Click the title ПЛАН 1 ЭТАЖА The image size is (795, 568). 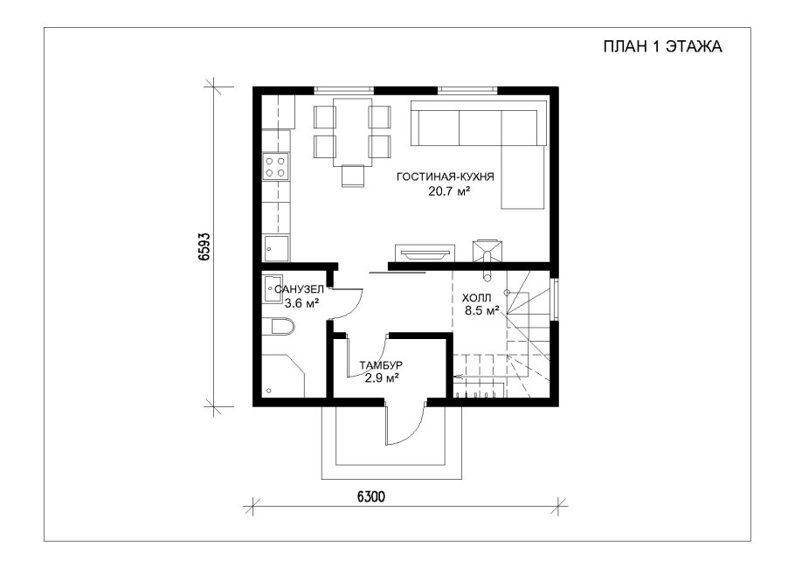pos(662,46)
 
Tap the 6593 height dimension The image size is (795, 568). pos(204,246)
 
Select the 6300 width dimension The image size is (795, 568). pos(371,496)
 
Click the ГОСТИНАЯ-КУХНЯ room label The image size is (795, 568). pos(446,177)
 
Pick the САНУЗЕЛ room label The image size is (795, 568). pos(299,289)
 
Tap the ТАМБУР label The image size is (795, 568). pos(381,365)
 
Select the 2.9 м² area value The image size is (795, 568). pos(381,378)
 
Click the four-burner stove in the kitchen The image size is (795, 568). pos(275,167)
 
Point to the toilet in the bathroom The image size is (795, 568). pos(283,326)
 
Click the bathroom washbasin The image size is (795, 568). pos(273,289)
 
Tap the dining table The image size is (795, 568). pos(351,132)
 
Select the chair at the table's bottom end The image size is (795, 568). pos(353,177)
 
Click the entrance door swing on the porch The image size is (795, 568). pos(405,424)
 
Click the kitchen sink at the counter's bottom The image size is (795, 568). pos(276,248)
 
